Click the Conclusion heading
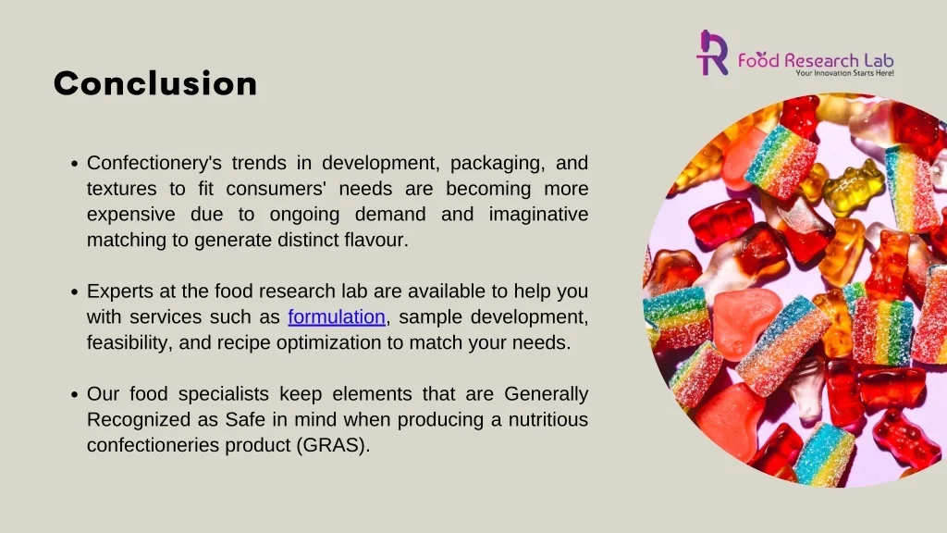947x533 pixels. point(155,84)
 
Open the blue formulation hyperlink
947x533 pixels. point(337,317)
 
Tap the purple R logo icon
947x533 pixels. point(712,53)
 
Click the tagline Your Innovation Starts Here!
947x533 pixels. point(844,73)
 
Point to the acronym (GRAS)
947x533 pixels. point(333,445)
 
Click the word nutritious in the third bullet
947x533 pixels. point(543,419)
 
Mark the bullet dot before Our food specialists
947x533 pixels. point(75,394)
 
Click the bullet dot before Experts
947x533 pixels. point(75,291)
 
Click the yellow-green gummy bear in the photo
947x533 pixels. point(853,187)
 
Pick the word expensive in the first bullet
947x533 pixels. point(130,215)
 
